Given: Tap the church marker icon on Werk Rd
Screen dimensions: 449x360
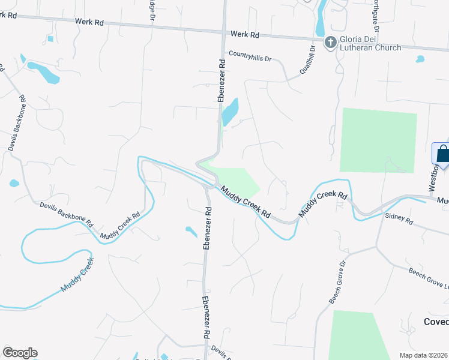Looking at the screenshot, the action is [330, 42].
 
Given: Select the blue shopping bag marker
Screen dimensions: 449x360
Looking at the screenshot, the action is [442, 154].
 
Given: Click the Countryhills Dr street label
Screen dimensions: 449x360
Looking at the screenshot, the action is [250, 54].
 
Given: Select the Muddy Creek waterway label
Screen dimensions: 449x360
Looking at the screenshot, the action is [77, 275].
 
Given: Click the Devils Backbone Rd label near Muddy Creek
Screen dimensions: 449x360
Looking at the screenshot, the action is [66, 213].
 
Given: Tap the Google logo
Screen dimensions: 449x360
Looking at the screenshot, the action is [20, 353].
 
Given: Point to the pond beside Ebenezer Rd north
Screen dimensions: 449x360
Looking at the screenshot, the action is [230, 112].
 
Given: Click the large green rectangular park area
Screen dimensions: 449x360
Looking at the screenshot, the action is [378, 139].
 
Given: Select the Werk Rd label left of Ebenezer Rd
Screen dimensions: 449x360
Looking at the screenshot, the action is [90, 22].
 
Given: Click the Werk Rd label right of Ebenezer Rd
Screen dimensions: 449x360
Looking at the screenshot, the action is [244, 34].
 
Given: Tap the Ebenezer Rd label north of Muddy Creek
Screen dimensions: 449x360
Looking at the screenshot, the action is [221, 80].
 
